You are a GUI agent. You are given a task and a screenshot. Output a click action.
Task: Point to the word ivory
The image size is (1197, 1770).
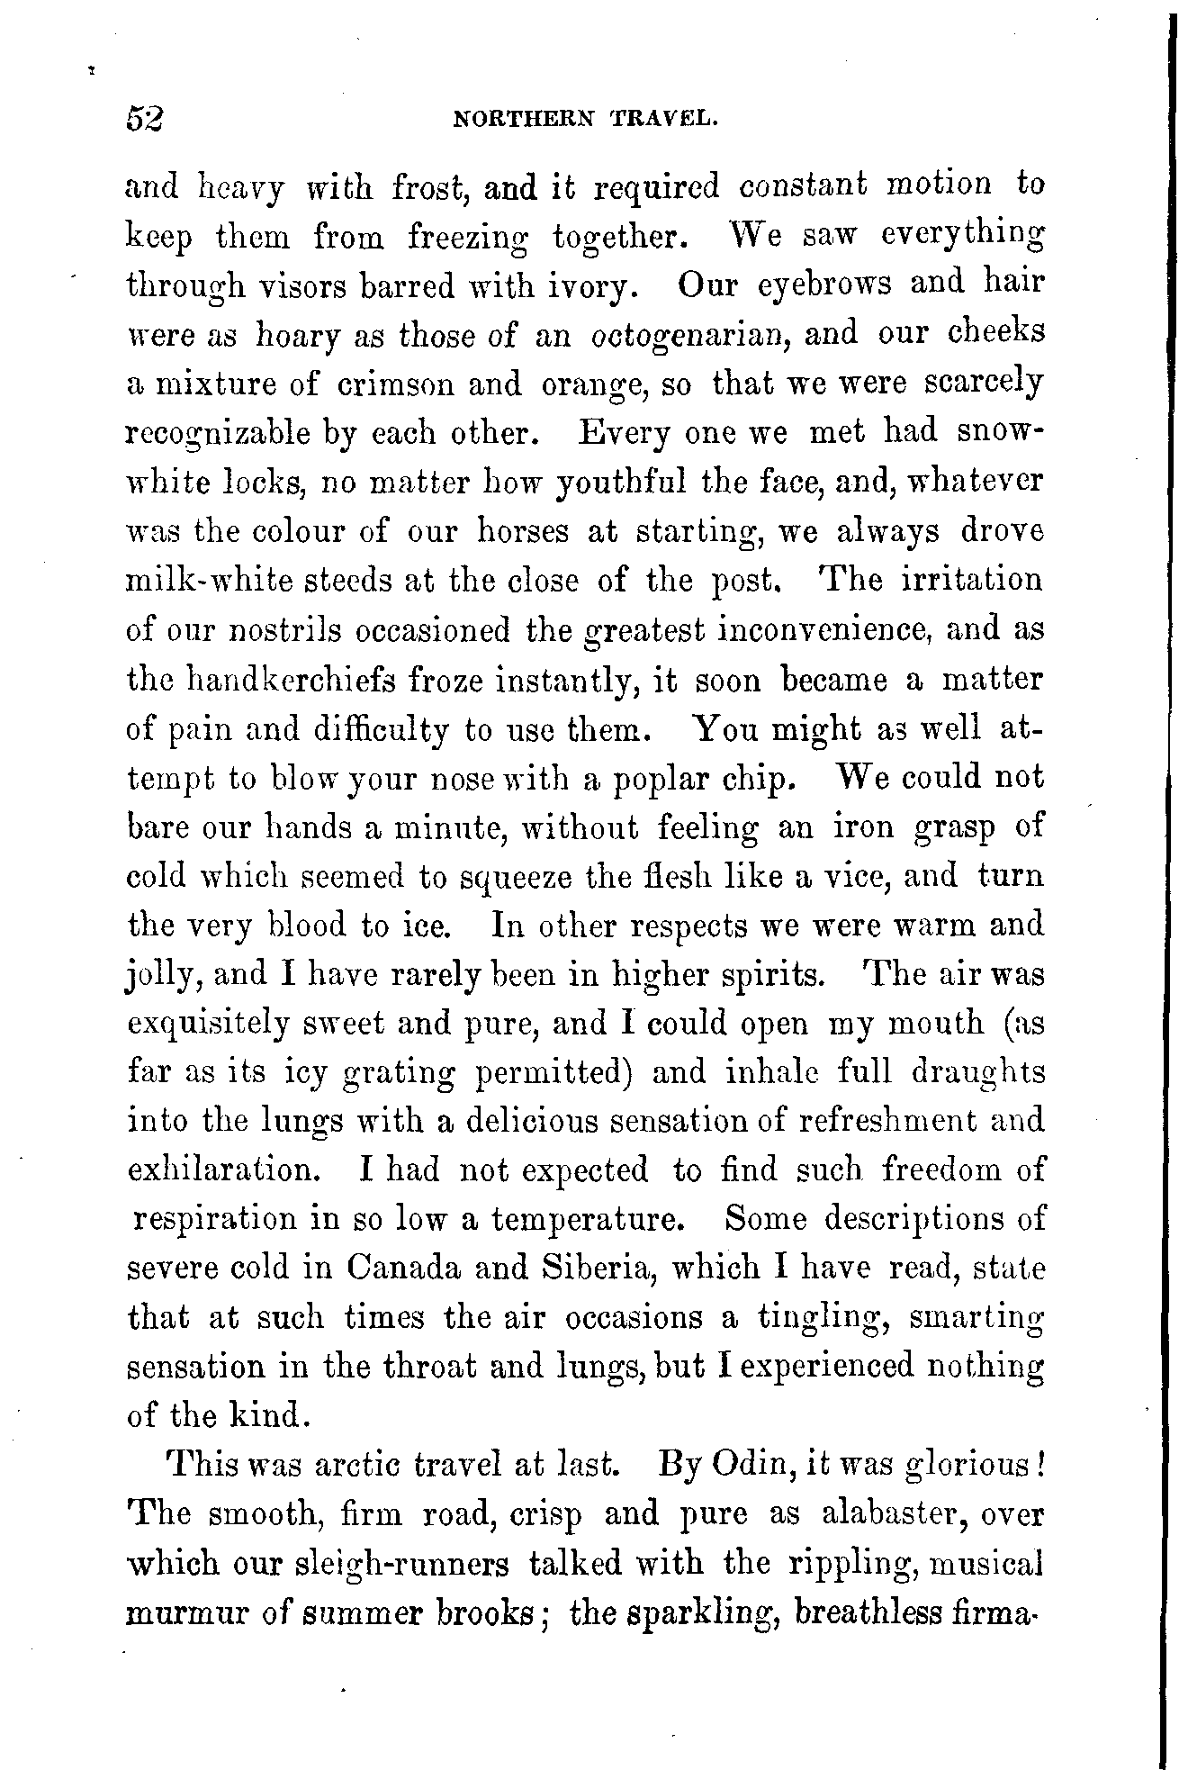(608, 285)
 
